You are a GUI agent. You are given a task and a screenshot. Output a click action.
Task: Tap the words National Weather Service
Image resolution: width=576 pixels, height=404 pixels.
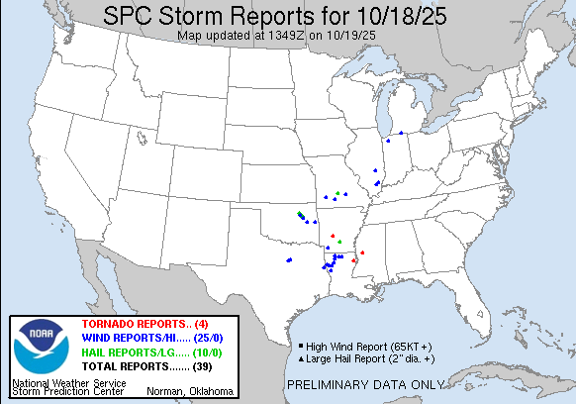pos(68,382)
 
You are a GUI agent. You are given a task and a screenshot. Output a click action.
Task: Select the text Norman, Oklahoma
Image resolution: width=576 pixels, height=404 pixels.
pos(190,391)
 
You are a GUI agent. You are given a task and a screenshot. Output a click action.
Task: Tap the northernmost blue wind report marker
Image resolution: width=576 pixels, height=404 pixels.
pos(401,134)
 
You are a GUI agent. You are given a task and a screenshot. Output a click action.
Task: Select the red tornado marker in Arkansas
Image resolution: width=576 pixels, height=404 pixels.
pos(334,236)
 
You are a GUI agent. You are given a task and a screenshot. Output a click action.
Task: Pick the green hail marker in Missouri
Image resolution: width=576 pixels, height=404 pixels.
pos(338,192)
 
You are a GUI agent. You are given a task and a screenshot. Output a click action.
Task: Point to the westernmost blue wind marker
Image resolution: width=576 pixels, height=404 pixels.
pos(288,260)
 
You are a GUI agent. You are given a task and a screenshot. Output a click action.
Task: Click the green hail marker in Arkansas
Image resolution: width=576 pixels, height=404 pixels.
pos(339,242)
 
